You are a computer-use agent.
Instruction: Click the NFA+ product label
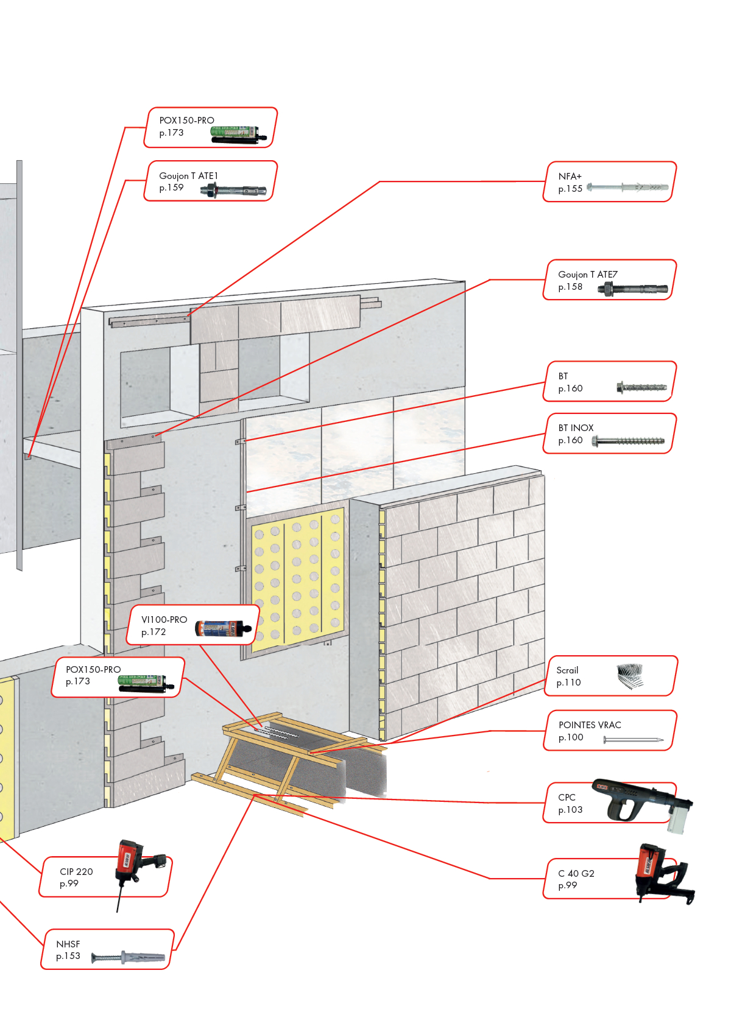click(x=570, y=176)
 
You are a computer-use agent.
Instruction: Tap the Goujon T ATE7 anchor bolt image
click(x=632, y=289)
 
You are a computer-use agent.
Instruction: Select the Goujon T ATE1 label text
click(x=188, y=176)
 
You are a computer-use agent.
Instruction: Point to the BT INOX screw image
click(x=628, y=441)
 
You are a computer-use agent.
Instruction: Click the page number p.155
click(x=570, y=189)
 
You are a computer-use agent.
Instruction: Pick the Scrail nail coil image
click(x=630, y=676)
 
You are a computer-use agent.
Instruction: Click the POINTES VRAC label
click(x=590, y=725)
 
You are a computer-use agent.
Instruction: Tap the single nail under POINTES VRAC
click(x=633, y=740)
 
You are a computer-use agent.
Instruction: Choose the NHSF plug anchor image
click(x=129, y=958)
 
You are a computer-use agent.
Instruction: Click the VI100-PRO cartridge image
click(x=223, y=628)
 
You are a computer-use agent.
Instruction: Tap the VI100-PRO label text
click(x=164, y=619)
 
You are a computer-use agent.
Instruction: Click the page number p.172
click(x=154, y=632)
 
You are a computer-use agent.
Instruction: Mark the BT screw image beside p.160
click(x=641, y=387)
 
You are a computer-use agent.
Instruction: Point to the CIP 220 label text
click(x=76, y=871)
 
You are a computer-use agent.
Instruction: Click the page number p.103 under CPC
click(x=570, y=810)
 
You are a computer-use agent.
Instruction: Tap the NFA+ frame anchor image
click(x=627, y=188)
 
